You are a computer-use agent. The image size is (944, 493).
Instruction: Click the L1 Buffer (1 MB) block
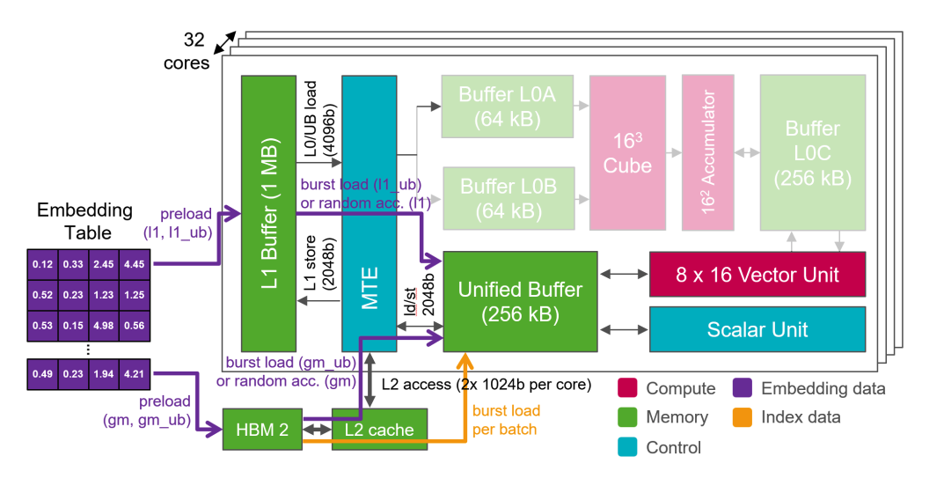268,212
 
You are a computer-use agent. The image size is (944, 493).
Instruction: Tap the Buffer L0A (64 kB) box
508,105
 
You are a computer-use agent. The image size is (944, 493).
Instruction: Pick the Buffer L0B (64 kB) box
508,199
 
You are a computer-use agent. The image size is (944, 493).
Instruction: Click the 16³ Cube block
627,152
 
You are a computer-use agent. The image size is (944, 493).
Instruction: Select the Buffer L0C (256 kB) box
812,152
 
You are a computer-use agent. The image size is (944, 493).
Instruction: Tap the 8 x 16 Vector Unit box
757,274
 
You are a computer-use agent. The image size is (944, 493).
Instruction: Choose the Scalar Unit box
757,329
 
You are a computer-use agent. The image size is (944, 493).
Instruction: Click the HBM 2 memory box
262,430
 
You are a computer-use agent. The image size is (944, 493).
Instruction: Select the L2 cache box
379,430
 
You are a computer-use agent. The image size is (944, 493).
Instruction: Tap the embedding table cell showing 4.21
135,373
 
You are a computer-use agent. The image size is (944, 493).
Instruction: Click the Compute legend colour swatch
627,388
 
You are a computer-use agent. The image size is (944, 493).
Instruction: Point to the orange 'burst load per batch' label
506,420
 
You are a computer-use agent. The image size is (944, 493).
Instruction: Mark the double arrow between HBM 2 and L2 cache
317,430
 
